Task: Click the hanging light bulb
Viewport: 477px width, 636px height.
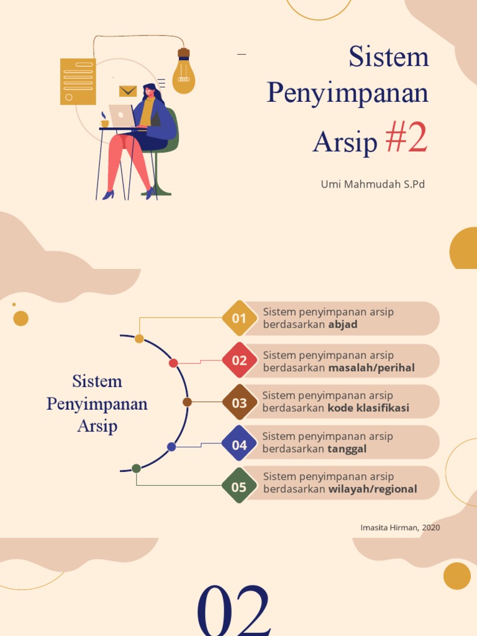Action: click(x=183, y=75)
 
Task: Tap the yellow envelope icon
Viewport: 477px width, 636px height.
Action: click(x=128, y=91)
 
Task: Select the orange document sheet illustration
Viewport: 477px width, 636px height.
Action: click(x=78, y=81)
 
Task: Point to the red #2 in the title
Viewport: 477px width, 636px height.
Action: click(x=406, y=140)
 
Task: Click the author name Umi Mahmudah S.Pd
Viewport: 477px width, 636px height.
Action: click(x=373, y=184)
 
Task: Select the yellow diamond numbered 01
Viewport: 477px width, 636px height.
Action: click(x=239, y=319)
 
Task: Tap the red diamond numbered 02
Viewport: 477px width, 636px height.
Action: click(x=239, y=360)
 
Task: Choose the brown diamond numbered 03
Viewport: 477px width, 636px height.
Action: click(x=239, y=402)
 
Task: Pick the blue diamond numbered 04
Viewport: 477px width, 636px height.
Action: click(x=239, y=445)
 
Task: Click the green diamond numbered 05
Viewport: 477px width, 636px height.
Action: click(x=239, y=487)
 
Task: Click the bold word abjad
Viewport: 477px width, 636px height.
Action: click(x=343, y=325)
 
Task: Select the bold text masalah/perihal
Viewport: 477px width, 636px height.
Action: click(x=371, y=368)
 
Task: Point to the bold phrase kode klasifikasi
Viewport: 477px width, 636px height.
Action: click(x=368, y=409)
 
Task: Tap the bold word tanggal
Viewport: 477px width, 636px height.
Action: click(x=347, y=449)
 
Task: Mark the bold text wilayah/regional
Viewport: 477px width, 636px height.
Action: click(x=373, y=489)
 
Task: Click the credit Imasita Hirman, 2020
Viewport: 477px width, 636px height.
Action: click(x=400, y=527)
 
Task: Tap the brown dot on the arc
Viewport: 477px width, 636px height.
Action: click(x=187, y=402)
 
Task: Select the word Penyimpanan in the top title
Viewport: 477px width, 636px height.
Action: click(x=348, y=93)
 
